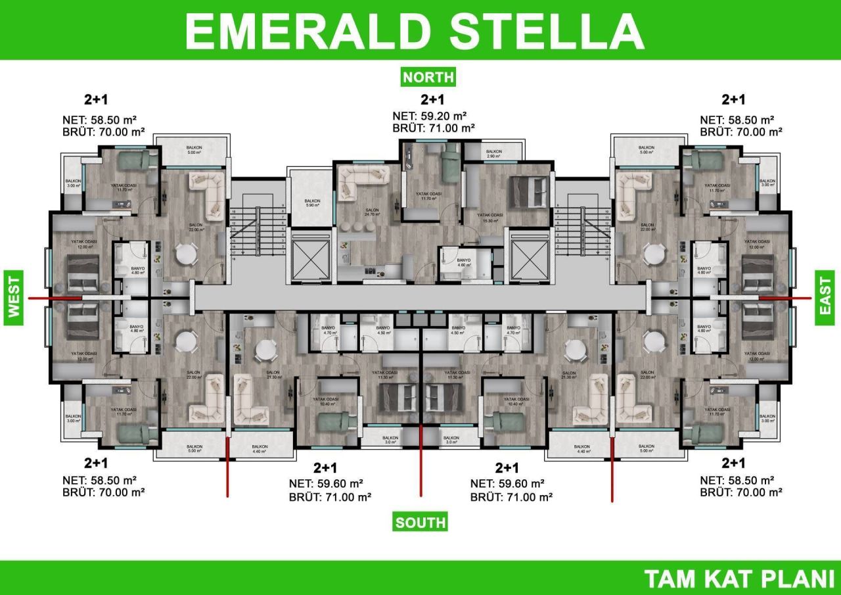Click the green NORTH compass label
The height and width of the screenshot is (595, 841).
pos(428,77)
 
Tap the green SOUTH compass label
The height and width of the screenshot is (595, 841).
pos(420,523)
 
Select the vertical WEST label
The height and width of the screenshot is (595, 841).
pos(14,297)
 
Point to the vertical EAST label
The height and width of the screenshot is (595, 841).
pos(825,297)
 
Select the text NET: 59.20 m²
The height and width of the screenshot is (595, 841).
pos(434,116)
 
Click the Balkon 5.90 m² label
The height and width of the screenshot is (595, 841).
pos(311,202)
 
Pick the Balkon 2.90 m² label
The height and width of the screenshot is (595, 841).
pos(494,155)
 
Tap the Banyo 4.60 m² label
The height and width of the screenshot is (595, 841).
pos(465,262)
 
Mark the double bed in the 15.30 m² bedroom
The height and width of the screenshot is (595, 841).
pos(528,191)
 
